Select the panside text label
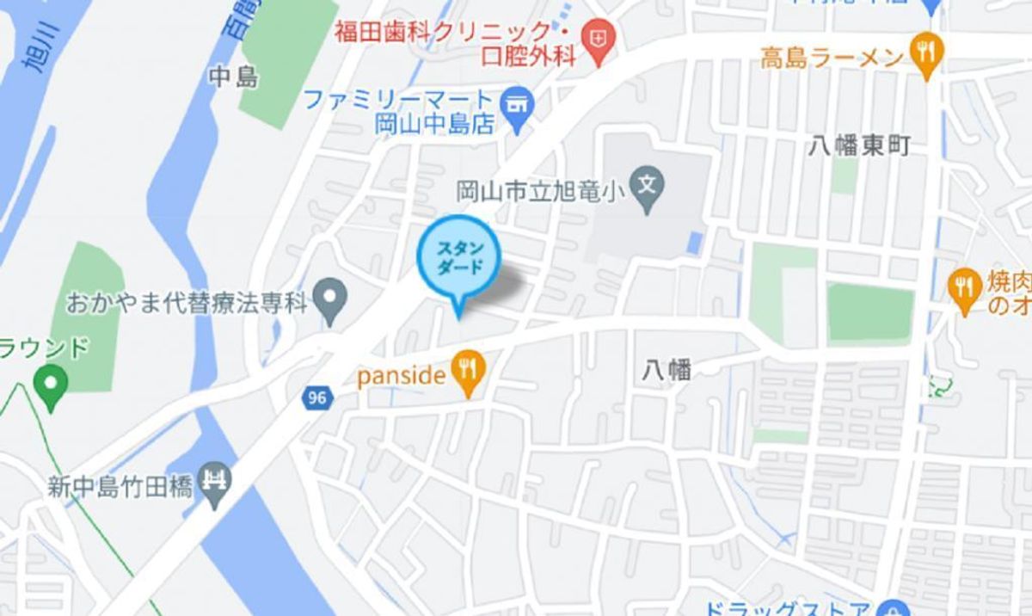coord(401,375)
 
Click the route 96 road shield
coord(316,397)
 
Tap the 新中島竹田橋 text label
coord(120,486)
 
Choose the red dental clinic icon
coord(594,38)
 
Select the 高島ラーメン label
coord(831,59)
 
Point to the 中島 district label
coord(233,77)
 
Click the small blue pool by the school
coord(695,243)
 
